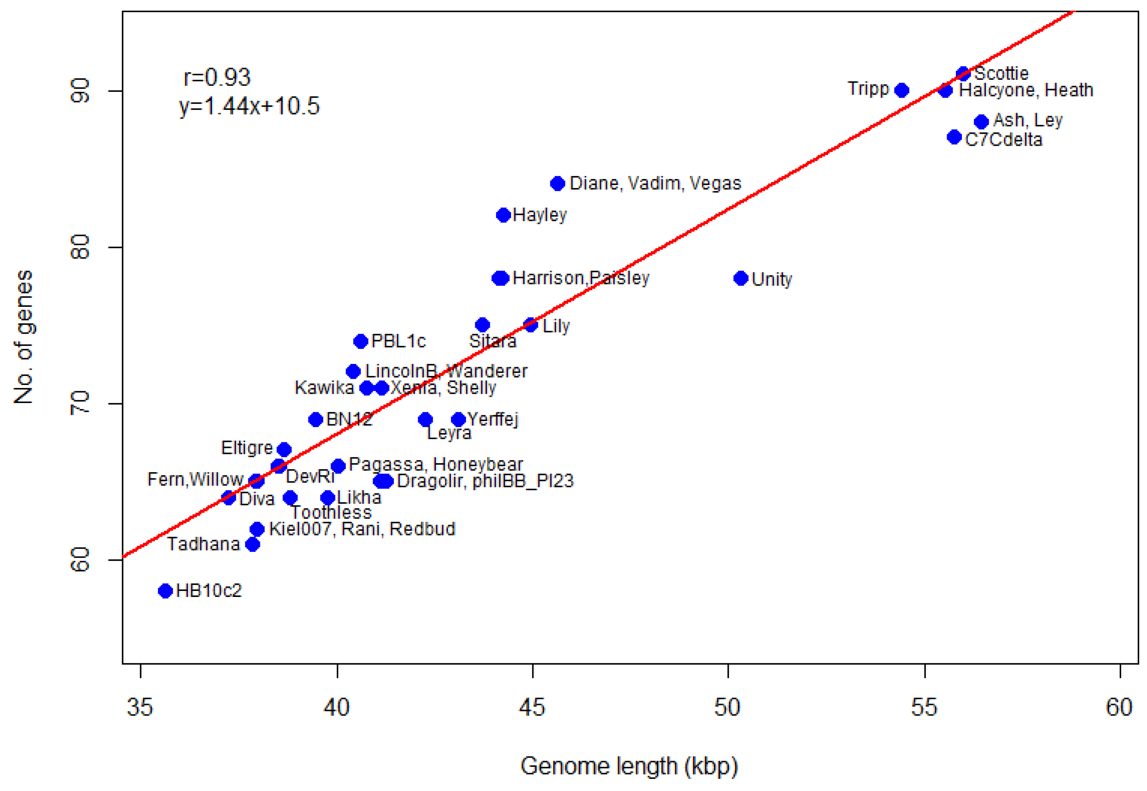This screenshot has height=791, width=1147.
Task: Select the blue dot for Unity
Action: point(740,278)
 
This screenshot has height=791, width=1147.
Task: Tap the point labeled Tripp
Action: point(901,90)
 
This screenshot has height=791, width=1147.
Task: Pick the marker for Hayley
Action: point(503,215)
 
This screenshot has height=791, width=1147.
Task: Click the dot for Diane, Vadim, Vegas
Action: point(558,183)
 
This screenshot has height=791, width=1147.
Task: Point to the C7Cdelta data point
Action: point(954,137)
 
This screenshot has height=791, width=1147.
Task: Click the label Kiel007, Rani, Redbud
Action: point(362,529)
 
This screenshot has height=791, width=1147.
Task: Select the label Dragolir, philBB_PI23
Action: point(485,481)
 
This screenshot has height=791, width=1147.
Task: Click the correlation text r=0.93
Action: point(217,77)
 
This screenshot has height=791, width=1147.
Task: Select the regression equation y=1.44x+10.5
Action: point(249,106)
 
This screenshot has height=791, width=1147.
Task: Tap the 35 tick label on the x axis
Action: point(140,708)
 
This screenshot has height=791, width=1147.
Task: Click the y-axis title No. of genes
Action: point(23,337)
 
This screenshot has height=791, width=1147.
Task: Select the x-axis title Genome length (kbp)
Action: point(629,766)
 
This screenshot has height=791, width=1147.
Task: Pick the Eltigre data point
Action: point(284,449)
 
